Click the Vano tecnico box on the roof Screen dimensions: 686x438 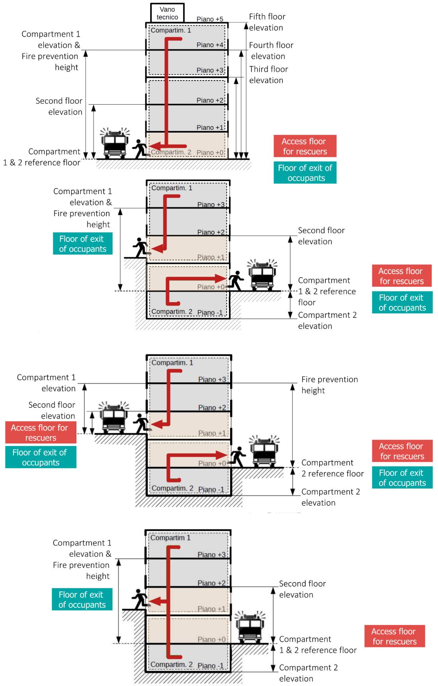[167, 13]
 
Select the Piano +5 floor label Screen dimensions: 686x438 [210, 19]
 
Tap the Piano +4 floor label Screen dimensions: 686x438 [210, 45]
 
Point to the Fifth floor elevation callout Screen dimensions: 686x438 [267, 22]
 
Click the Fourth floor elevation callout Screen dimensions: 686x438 [271, 51]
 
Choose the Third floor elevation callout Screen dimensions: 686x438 [268, 74]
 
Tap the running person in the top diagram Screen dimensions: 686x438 [139, 149]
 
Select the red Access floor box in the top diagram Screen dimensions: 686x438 [305, 146]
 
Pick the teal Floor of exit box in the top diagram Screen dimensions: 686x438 [305, 173]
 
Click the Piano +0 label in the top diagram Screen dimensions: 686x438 [210, 152]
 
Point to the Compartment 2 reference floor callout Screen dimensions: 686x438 [332, 468]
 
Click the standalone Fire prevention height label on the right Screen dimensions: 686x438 [329, 385]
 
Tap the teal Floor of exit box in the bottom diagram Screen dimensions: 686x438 [82, 599]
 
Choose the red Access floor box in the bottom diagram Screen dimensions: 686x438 [394, 636]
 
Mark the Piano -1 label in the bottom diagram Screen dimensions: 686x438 [211, 666]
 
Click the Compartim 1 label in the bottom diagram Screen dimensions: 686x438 [170, 538]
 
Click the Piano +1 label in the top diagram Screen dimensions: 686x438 [210, 127]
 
